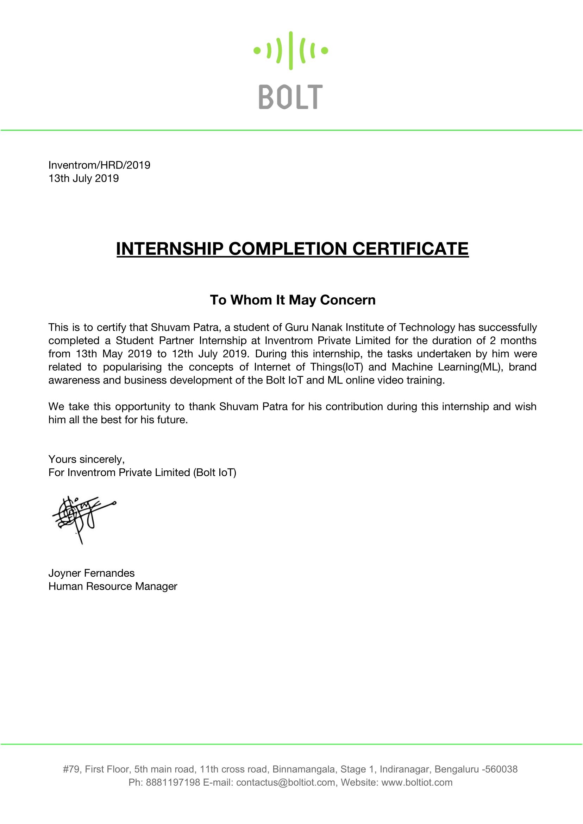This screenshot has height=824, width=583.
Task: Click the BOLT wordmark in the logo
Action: (x=290, y=97)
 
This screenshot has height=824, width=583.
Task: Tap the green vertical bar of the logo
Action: (x=290, y=51)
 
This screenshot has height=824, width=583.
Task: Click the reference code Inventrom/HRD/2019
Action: (x=99, y=165)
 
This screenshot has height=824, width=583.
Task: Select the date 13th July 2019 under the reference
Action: (x=83, y=178)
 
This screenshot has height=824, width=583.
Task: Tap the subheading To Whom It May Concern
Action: (x=293, y=300)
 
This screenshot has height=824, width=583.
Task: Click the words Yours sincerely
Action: (x=87, y=459)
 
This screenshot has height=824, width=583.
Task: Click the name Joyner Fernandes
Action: (x=92, y=573)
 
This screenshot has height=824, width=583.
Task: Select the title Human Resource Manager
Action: (x=113, y=587)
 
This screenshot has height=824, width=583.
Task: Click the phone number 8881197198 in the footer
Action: (x=173, y=782)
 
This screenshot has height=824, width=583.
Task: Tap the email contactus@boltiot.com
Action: (x=286, y=782)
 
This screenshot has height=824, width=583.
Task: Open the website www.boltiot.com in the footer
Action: (x=417, y=782)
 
